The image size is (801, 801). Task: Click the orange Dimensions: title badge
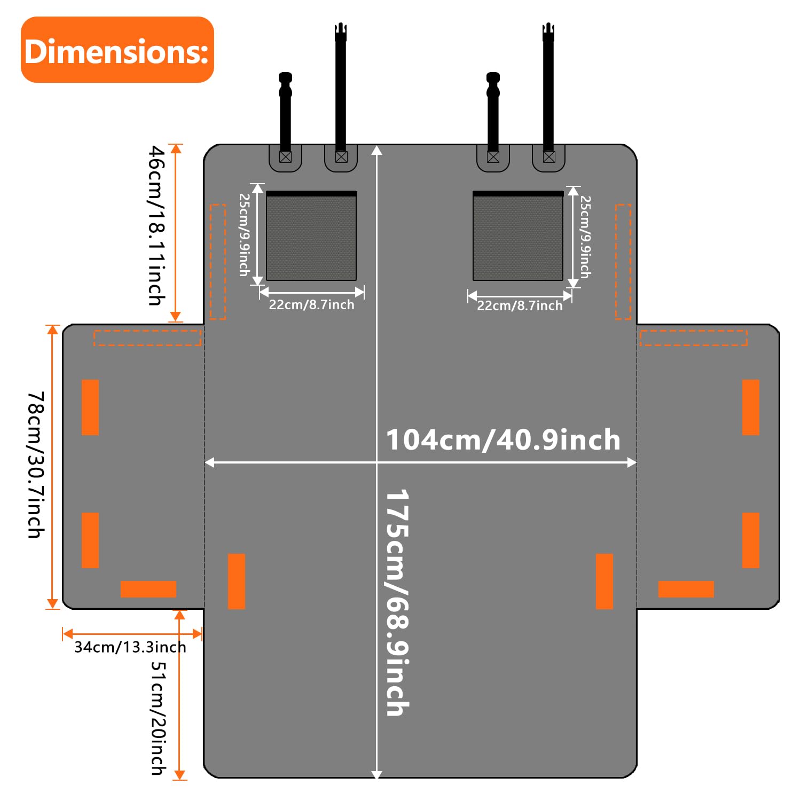[x=117, y=50]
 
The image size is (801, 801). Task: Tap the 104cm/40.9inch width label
[x=503, y=440]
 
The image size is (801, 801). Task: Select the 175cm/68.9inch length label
[x=397, y=602]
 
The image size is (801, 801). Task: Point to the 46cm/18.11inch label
[x=156, y=225]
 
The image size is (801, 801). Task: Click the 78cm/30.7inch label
[x=36, y=465]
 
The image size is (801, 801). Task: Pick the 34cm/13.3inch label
[x=130, y=647]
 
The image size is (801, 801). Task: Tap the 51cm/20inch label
[x=159, y=718]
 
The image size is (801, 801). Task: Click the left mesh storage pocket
[x=311, y=235]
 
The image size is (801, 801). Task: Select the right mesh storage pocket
[x=518, y=235]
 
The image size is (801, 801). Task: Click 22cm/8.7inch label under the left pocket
[x=311, y=305]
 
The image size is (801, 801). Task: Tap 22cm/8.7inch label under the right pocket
[x=520, y=306]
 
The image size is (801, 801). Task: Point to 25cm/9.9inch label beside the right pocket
[x=586, y=237]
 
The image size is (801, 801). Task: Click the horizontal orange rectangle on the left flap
[x=148, y=589]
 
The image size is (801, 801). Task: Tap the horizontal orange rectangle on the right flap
[x=686, y=589]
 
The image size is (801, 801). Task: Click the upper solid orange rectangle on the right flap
[x=751, y=407]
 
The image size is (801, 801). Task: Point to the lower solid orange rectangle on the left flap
[x=90, y=540]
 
